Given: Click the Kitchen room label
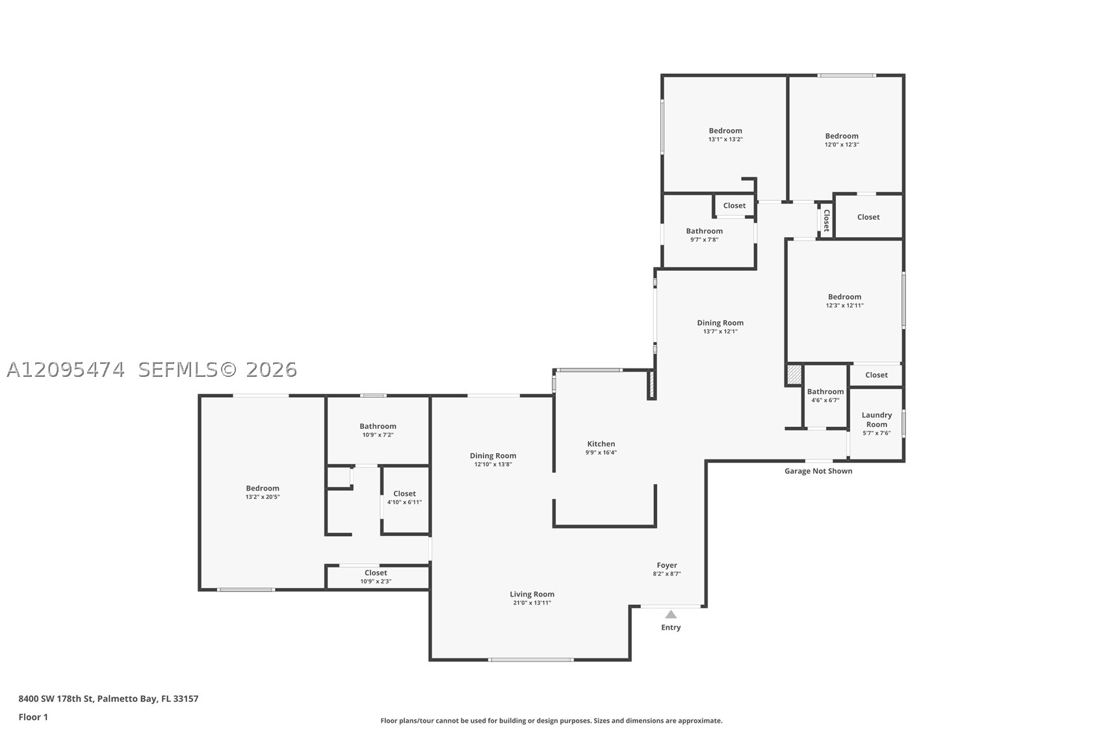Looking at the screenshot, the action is click(601, 444).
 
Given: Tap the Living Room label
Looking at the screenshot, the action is click(532, 594).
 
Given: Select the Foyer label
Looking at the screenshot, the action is click(667, 565).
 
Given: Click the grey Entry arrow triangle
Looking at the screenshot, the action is click(671, 614).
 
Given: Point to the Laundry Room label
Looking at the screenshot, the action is click(877, 419).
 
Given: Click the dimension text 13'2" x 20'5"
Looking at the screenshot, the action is click(263, 496).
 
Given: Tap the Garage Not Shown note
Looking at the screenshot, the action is click(818, 471).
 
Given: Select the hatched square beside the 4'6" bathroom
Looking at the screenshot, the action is click(794, 374).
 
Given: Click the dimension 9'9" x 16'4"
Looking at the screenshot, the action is click(601, 452).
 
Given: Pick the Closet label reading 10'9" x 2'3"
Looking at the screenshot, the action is click(376, 573).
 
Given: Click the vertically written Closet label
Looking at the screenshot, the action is click(827, 220).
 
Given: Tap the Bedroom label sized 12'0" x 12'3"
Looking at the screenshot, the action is click(842, 136).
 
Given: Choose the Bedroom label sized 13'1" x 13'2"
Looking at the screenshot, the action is click(725, 131).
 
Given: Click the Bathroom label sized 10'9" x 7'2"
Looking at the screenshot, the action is click(378, 426).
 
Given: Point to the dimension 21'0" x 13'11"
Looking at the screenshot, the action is click(532, 602).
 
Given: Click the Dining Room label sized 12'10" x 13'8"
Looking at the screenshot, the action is click(493, 456).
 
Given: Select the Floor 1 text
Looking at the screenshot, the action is click(34, 717).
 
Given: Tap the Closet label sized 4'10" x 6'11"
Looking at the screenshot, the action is click(404, 493).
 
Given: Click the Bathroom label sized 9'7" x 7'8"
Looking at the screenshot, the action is click(704, 231).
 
